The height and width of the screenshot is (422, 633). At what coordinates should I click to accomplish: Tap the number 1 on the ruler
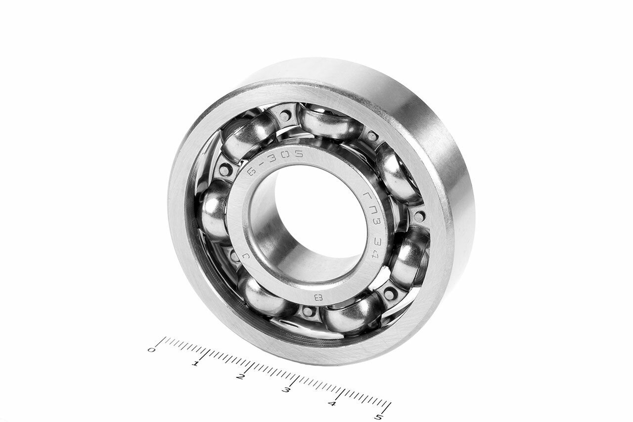click(x=196, y=364)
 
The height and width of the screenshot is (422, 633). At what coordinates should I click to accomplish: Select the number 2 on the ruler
click(x=241, y=377)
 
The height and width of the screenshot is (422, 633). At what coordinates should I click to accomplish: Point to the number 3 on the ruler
click(x=286, y=390)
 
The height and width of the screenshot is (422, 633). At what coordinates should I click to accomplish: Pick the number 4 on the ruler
click(x=332, y=404)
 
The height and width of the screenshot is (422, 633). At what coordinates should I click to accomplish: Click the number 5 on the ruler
click(x=378, y=417)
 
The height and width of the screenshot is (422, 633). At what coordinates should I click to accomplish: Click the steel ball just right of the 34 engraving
click(x=409, y=257)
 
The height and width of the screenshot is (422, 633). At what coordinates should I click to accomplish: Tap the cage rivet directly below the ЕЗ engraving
click(x=308, y=312)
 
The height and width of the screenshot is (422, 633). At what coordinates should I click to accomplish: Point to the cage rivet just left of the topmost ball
click(x=285, y=116)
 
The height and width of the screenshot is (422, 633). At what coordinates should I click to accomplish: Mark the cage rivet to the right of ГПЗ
click(x=419, y=216)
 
